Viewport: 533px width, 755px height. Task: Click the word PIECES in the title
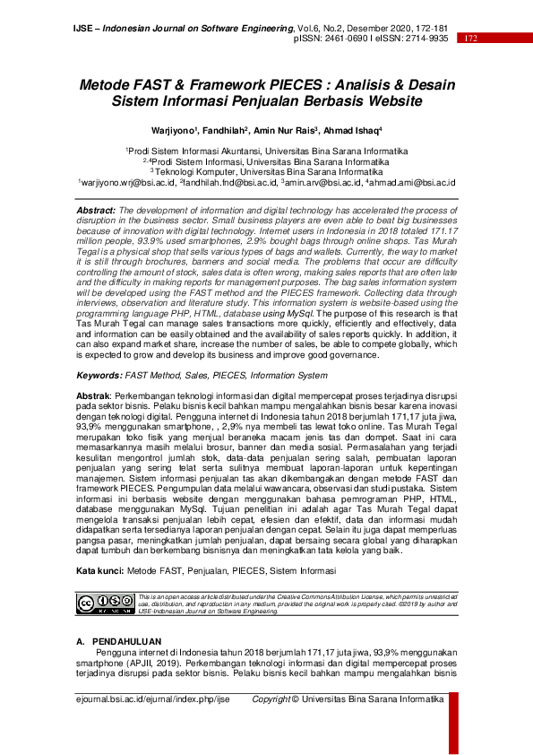[x=303, y=84]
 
